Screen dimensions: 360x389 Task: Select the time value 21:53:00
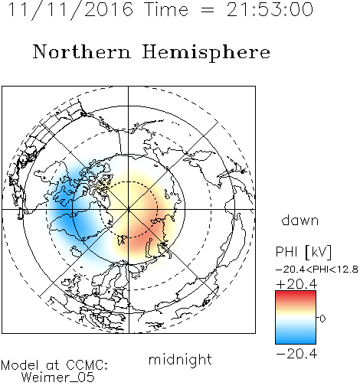click(270, 9)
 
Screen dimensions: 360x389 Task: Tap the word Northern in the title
click(82, 51)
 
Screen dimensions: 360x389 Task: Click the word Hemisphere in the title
click(206, 53)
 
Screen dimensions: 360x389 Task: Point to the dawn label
click(300, 220)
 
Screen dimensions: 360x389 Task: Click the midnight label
click(180, 360)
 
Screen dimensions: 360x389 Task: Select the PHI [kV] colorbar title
click(303, 252)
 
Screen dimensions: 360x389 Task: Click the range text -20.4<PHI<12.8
click(317, 270)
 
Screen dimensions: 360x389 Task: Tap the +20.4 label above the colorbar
click(296, 284)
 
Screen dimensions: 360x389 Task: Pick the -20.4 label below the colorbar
click(296, 354)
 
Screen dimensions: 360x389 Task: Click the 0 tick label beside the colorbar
click(322, 319)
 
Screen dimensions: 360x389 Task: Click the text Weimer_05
click(58, 378)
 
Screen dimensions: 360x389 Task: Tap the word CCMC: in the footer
click(87, 365)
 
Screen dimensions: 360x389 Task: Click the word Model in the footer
click(20, 365)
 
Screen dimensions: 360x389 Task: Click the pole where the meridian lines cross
click(129, 209)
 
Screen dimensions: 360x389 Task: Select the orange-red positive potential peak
click(144, 236)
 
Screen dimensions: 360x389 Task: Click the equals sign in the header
click(208, 11)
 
